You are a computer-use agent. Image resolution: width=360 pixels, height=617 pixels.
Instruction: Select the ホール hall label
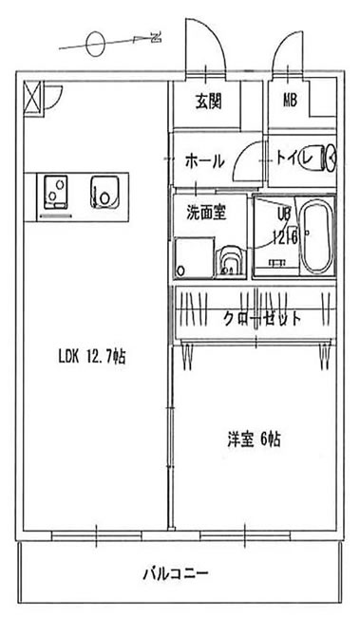click(204, 161)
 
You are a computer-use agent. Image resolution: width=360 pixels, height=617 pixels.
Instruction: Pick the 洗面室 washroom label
click(205, 213)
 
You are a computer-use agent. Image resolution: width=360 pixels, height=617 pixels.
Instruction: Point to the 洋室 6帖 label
click(253, 439)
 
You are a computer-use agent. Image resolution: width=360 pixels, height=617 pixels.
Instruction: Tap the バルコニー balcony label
click(176, 572)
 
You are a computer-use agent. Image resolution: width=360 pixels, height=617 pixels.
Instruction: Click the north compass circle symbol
click(94, 44)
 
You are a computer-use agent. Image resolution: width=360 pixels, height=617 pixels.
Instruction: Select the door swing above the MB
click(288, 47)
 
